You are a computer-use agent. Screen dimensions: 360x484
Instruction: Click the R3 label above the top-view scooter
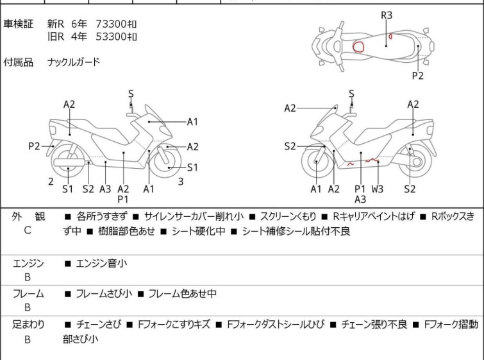click(x=387, y=14)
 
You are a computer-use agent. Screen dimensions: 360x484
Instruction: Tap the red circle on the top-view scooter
click(x=359, y=47)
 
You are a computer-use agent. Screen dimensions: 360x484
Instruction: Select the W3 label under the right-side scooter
click(x=378, y=189)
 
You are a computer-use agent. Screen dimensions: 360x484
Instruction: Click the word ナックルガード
click(x=74, y=62)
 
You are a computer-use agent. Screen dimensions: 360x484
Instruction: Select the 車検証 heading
click(x=18, y=24)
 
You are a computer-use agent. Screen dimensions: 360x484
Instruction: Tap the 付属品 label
click(x=18, y=62)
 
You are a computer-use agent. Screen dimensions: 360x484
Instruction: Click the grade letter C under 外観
click(x=28, y=230)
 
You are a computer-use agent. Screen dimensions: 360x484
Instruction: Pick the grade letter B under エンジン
click(x=28, y=277)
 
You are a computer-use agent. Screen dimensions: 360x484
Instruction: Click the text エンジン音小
click(x=101, y=263)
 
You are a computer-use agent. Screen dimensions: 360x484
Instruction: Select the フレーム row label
click(x=28, y=294)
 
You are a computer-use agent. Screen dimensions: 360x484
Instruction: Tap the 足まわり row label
click(x=28, y=325)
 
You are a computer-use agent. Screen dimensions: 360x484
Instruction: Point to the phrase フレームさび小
click(x=104, y=294)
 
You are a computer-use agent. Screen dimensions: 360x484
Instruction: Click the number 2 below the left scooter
click(x=51, y=181)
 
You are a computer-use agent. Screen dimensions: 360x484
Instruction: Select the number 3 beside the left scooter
click(x=181, y=181)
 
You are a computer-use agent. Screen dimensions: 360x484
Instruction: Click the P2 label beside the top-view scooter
click(x=418, y=75)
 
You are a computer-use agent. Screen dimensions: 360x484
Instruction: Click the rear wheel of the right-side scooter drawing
click(x=415, y=163)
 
